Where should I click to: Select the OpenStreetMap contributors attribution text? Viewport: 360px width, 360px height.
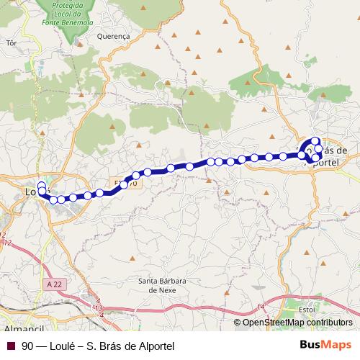point(297,323)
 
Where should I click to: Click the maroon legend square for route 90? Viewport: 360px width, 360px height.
point(10,346)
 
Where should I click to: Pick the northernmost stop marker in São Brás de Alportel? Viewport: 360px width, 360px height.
point(315,141)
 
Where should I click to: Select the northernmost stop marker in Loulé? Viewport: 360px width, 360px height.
point(42,185)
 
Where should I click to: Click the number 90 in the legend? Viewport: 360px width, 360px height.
point(27,346)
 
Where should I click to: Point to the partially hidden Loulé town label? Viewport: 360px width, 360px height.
point(31,192)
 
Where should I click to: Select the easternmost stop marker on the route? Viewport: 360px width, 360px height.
point(319,149)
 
